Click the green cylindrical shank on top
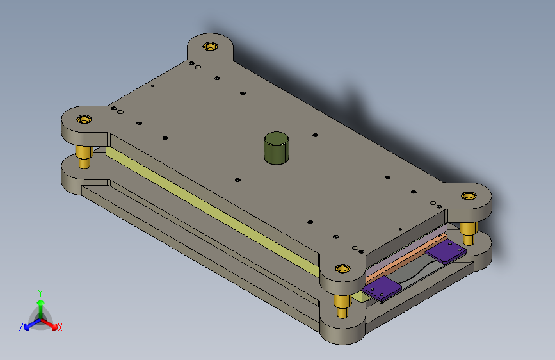277,148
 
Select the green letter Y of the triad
40,293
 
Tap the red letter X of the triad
60,327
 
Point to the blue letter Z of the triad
21,327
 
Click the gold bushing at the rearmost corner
210,46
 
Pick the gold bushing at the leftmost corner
84,119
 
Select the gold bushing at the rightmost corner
469,195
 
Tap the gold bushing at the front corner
342,268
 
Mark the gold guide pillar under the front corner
342,306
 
